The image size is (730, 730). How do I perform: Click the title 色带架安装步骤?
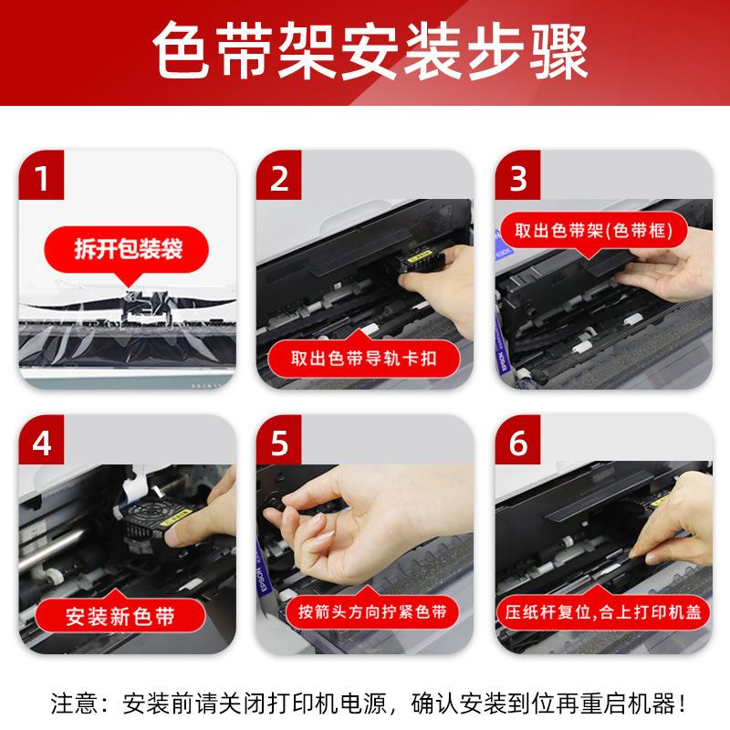tap(370, 51)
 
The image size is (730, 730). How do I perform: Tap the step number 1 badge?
tap(41, 175)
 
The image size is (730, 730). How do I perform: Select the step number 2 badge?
tap(278, 175)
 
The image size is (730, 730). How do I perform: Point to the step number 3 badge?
tap(517, 175)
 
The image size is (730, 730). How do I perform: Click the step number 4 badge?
tap(41, 440)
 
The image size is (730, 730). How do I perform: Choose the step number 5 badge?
tap(278, 440)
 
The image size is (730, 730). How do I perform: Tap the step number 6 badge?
tap(517, 440)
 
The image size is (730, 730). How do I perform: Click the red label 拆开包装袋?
tap(127, 249)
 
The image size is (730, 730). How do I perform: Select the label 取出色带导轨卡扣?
tap(363, 358)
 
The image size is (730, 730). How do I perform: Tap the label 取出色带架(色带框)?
tap(594, 231)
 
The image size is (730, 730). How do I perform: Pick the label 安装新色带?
tap(120, 615)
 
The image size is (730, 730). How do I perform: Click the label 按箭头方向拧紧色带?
tap(372, 610)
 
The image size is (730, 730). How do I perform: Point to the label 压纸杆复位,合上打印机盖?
tap(603, 611)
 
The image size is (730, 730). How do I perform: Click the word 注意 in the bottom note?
tap(75, 703)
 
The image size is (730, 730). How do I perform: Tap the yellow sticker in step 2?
tap(419, 256)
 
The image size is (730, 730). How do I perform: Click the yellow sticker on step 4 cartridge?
tap(176, 516)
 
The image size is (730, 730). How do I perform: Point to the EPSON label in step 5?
tap(263, 578)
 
